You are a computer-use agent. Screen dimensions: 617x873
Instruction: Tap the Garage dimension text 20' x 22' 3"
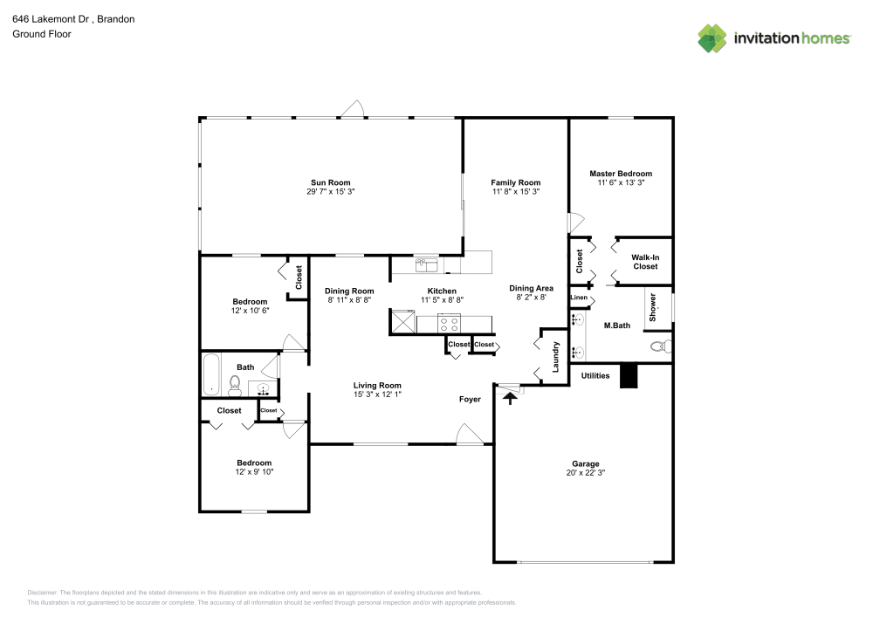[585, 473]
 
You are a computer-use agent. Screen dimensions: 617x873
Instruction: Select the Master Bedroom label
[620, 174]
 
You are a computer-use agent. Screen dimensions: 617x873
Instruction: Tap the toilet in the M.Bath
[661, 346]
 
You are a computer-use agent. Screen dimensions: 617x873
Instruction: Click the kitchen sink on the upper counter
[428, 264]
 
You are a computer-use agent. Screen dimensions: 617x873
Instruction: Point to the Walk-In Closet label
[645, 262]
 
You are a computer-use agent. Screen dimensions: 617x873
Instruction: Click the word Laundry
[556, 356]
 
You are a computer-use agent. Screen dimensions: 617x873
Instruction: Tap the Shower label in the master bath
[652, 308]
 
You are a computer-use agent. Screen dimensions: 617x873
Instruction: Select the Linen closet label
[578, 298]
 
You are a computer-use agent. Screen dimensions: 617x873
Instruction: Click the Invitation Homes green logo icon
[711, 38]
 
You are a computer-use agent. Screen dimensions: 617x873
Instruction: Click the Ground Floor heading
[41, 34]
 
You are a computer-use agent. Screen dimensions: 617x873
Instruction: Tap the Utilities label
[595, 376]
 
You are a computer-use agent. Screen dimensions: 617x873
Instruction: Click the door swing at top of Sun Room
[351, 109]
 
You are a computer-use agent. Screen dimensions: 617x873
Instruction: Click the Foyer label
[470, 399]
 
